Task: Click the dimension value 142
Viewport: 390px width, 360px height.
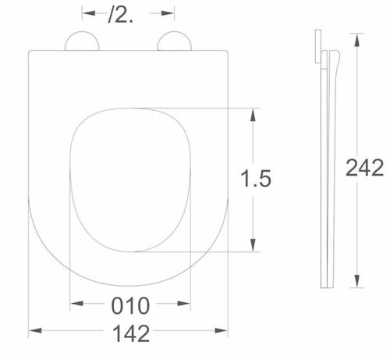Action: (131, 333)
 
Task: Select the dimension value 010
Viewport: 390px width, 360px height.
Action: (130, 305)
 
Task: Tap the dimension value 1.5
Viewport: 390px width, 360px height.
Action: (256, 178)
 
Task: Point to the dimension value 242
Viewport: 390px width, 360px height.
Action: (365, 168)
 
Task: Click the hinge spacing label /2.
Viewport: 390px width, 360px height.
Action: (120, 16)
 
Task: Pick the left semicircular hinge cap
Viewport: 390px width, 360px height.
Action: (82, 41)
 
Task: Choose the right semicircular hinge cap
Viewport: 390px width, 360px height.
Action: (175, 41)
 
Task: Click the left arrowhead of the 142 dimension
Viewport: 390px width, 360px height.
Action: (35, 330)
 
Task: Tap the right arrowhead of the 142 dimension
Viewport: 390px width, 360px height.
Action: (222, 330)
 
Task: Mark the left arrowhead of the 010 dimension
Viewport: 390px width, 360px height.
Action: (76, 303)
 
